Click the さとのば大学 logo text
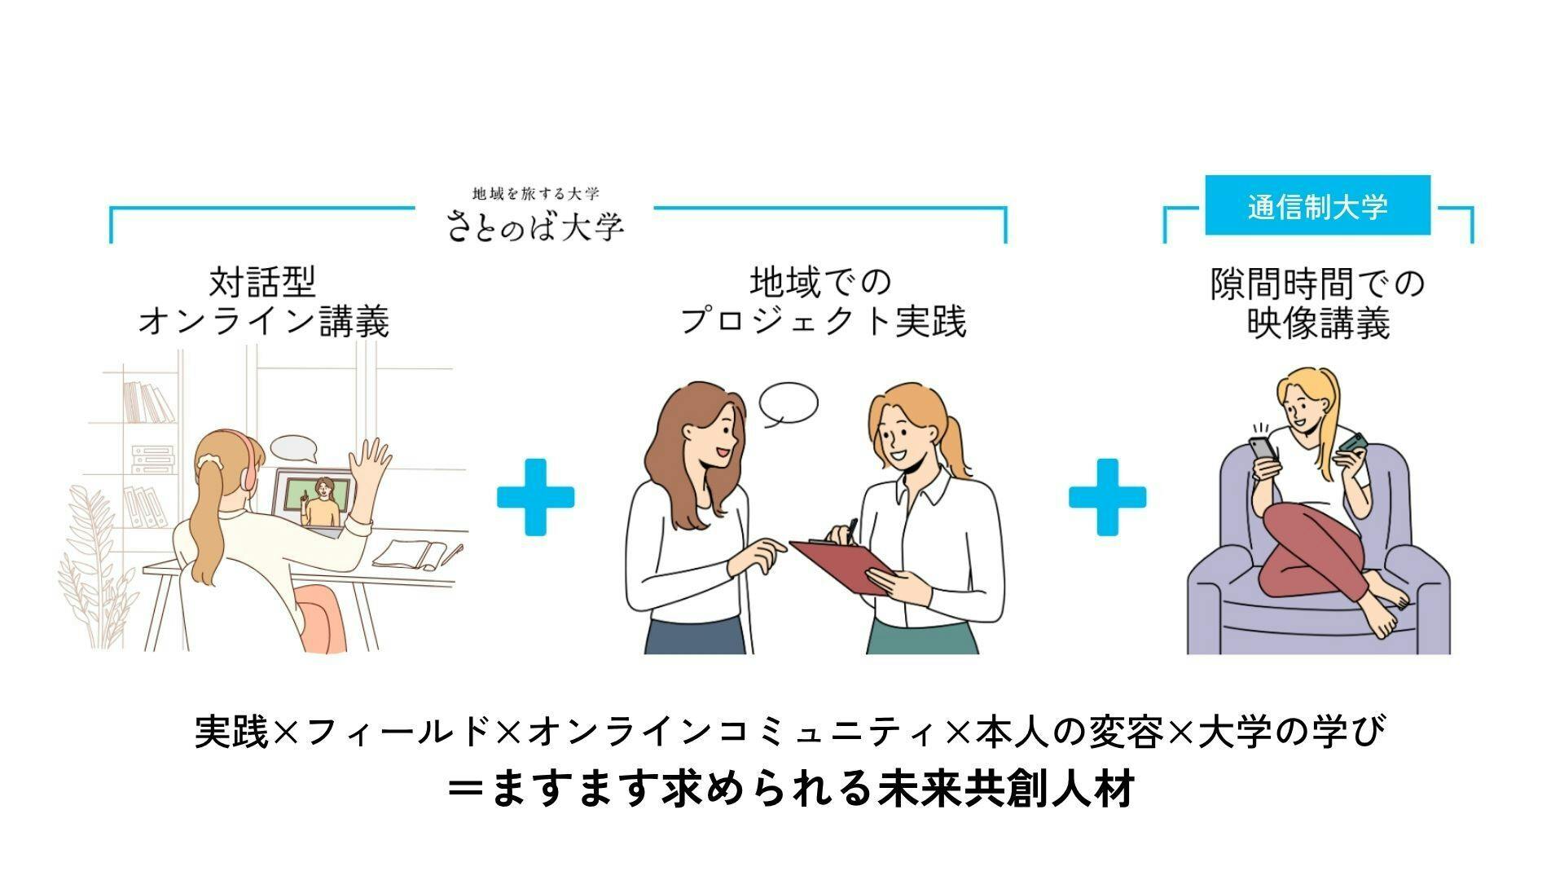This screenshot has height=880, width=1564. coord(535,226)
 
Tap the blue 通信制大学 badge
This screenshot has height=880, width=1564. coord(1317,205)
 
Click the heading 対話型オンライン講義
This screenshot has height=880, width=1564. coord(263,301)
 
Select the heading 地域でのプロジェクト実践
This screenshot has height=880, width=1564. coord(823,301)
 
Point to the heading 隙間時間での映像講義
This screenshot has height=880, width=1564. coord(1317,304)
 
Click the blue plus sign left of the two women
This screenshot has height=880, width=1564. coord(535,497)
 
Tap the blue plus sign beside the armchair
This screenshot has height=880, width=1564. coord(1107,497)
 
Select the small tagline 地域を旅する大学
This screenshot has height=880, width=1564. coord(535,194)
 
